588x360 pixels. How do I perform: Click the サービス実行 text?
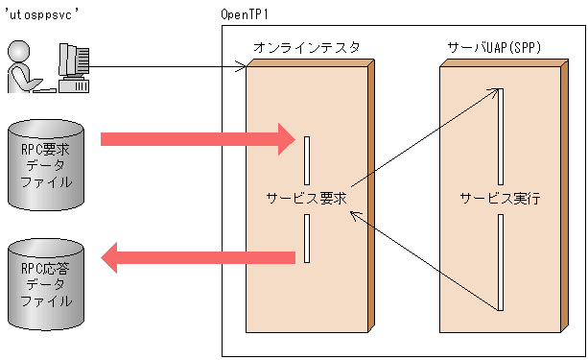click(x=500, y=199)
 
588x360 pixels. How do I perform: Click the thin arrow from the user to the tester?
click(x=168, y=67)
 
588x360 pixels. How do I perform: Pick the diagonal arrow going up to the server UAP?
click(x=426, y=138)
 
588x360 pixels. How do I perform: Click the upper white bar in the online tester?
click(x=307, y=160)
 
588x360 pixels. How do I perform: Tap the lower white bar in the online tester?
click(x=307, y=238)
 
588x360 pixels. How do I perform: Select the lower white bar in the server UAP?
click(x=501, y=261)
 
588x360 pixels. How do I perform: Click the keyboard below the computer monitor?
click(x=74, y=88)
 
